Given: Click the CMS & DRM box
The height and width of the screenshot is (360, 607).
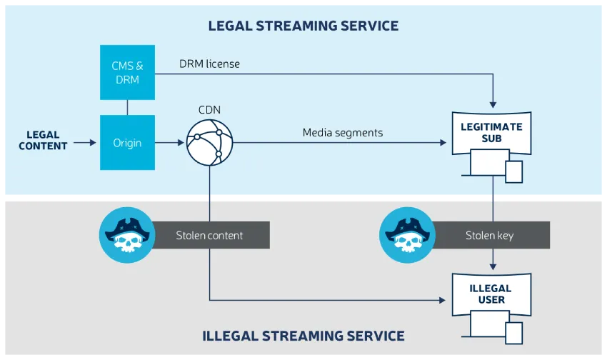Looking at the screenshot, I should [x=127, y=72].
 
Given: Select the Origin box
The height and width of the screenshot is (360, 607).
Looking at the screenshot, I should [x=127, y=143].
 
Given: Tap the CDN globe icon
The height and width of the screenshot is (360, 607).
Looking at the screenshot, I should [x=210, y=143].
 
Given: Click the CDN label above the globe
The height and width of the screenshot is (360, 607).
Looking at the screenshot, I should [x=210, y=111].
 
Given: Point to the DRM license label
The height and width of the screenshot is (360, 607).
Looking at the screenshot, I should [x=209, y=64].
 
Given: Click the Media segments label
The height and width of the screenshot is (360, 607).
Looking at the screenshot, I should [x=343, y=132].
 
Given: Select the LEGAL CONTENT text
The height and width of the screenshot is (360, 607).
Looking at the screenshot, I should [x=43, y=140].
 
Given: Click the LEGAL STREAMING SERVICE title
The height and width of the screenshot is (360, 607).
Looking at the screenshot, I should [x=303, y=26].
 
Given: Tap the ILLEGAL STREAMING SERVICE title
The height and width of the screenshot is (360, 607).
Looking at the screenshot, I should [x=303, y=336].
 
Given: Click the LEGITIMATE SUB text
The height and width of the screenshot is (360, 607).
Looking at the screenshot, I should [x=492, y=132].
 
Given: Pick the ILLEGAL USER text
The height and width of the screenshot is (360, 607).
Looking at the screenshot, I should [x=492, y=294].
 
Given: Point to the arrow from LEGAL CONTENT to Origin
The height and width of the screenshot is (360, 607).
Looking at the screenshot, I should [x=84, y=143].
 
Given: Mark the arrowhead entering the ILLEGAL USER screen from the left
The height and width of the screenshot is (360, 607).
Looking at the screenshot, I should [x=446, y=300].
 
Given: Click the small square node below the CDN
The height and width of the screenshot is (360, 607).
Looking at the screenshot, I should [x=210, y=197].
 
